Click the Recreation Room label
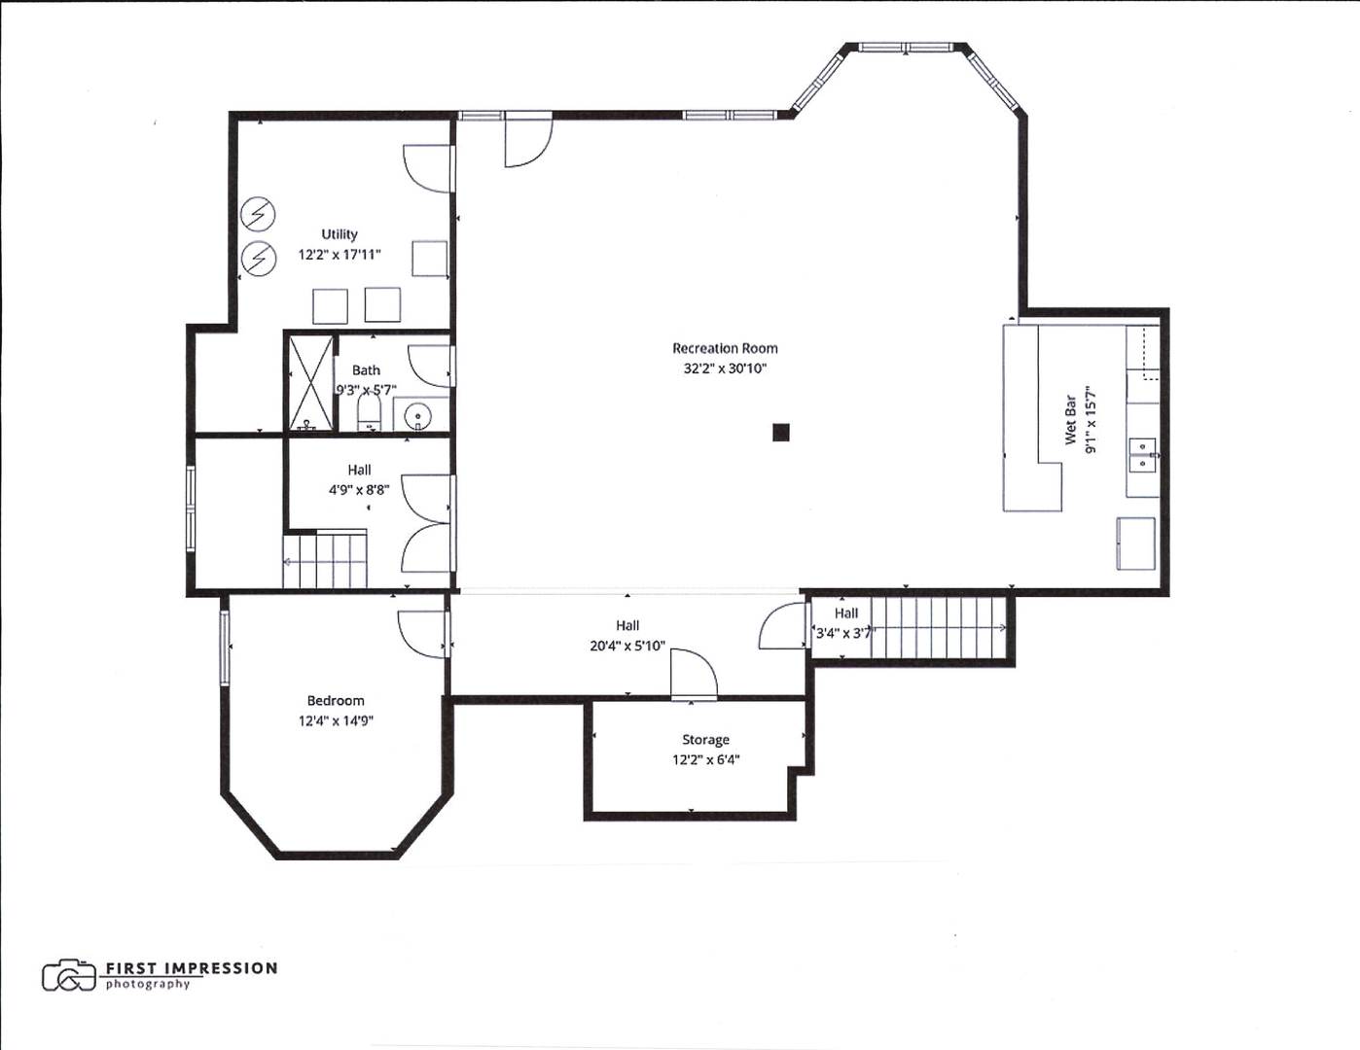pos(725,348)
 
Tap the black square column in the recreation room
pos(780,433)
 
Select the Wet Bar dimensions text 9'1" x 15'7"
pos(1092,419)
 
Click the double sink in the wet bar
pos(1142,454)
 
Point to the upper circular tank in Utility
pos(258,214)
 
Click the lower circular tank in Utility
pos(258,258)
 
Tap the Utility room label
pos(340,234)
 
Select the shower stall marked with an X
pos(310,383)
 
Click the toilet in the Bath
pos(369,411)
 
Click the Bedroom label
pos(336,701)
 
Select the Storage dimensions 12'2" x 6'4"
pos(705,760)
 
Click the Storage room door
pos(695,676)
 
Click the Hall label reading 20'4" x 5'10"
pos(627,645)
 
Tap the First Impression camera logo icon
pos(68,975)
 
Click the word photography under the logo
pos(148,984)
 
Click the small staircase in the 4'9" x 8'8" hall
pos(326,561)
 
